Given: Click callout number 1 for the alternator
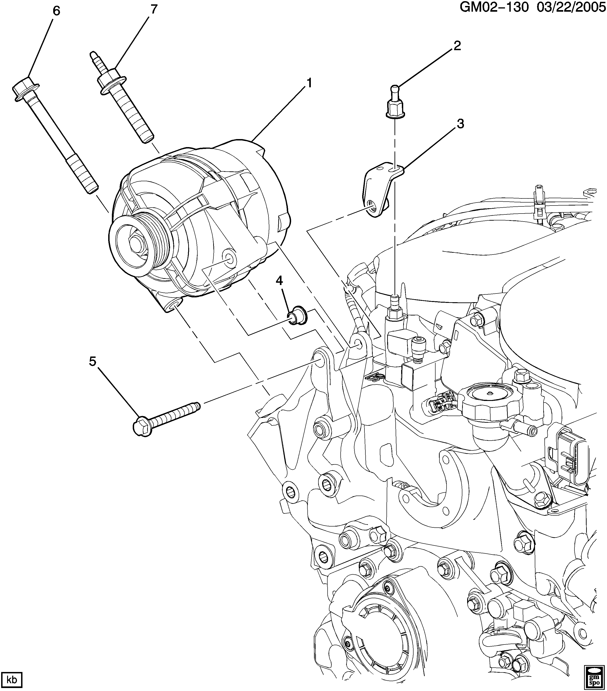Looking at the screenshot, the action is (309, 83).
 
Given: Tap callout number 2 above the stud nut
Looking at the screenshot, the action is (457, 46).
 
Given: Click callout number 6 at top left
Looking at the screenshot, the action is (56, 11).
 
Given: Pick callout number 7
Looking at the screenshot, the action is (154, 9).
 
